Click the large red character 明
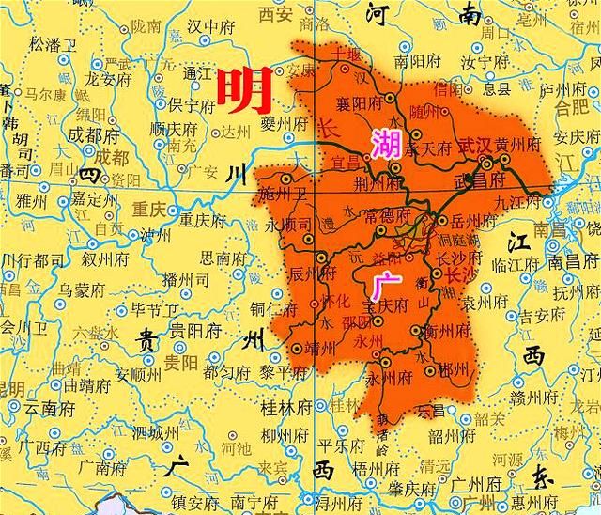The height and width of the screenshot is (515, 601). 245,91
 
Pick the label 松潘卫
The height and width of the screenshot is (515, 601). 52,44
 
